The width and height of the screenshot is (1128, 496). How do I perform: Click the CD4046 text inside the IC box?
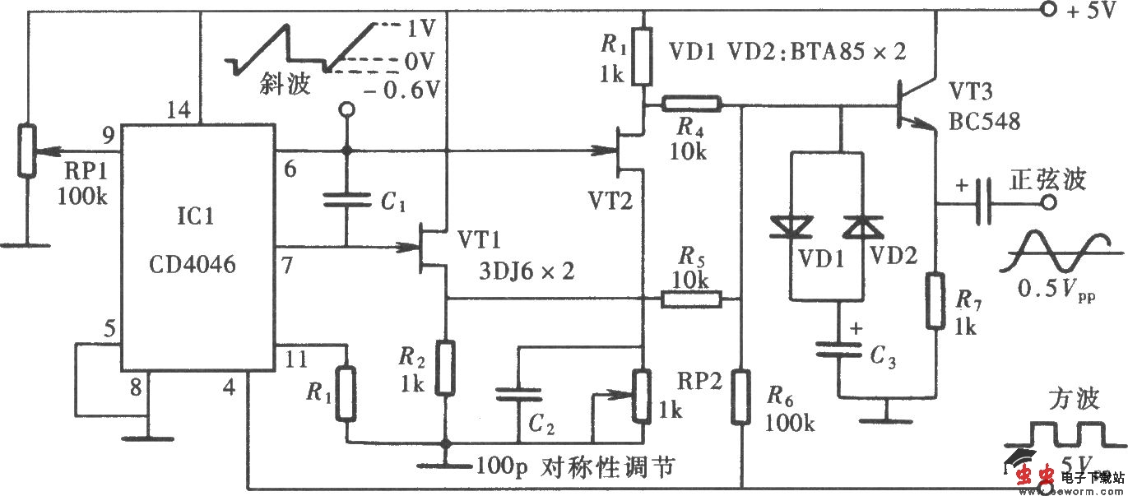[x=193, y=264]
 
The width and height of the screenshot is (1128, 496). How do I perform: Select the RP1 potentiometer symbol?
[x=29, y=151]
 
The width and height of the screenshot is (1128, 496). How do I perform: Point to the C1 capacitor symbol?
[x=346, y=197]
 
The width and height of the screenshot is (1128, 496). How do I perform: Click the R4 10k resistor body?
[x=692, y=104]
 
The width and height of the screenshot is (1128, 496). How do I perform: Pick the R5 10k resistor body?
[x=692, y=300]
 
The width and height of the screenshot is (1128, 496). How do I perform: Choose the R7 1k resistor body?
[x=936, y=300]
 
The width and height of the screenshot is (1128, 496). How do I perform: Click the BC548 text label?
[x=983, y=122]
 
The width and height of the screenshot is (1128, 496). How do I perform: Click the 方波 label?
[x=1073, y=400]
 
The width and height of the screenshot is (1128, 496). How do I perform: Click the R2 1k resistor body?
[x=446, y=369]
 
